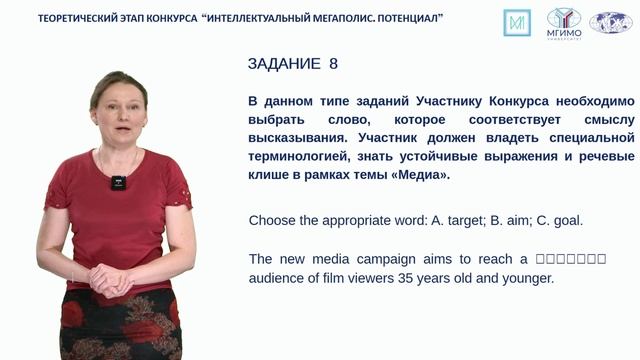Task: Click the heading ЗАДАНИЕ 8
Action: pyautogui.click(x=292, y=64)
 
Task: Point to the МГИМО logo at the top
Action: pyautogui.click(x=565, y=21)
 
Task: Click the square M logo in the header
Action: pyautogui.click(x=518, y=21)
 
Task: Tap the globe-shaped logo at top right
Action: pyautogui.click(x=610, y=21)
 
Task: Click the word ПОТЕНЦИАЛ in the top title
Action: pyautogui.click(x=397, y=19)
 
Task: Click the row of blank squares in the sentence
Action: pyautogui.click(x=571, y=259)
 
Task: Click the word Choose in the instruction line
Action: pyautogui.click(x=271, y=220)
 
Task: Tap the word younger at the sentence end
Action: pyautogui.click(x=527, y=278)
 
